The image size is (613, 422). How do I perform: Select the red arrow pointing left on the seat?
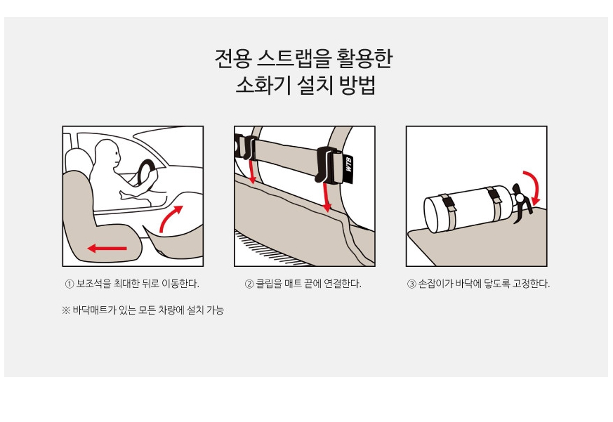(x=107, y=248)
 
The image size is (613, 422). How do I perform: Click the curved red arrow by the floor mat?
(x=171, y=218)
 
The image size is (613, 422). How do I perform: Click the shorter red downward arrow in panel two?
(x=252, y=171)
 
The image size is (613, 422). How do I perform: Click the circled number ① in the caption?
(x=70, y=284)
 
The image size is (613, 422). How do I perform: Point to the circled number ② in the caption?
(x=249, y=284)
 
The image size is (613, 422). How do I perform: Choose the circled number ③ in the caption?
(x=411, y=284)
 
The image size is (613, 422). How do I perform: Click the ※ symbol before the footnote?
(x=66, y=310)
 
